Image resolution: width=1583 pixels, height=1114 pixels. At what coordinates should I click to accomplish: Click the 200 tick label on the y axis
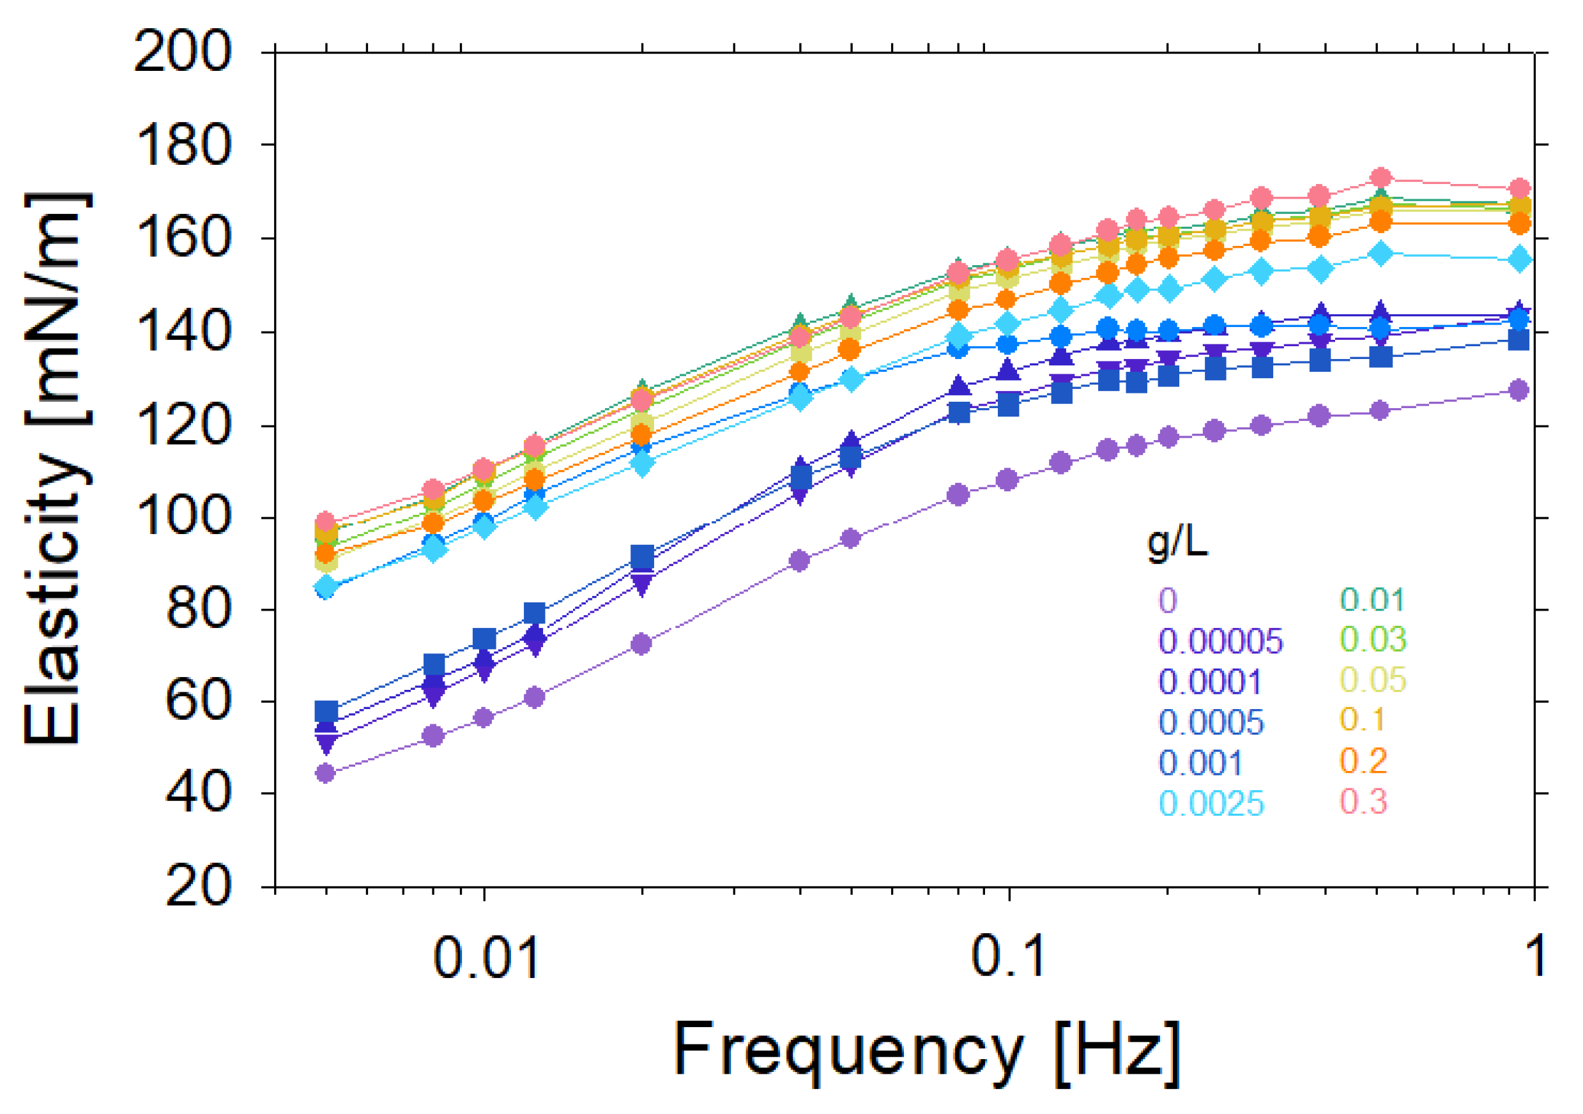click(x=182, y=52)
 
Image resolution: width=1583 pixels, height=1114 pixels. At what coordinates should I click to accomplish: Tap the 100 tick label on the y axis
click(x=182, y=517)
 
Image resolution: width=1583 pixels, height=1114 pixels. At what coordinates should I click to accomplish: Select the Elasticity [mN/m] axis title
click(x=56, y=469)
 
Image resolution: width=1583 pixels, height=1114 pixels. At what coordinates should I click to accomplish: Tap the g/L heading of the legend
click(x=1177, y=543)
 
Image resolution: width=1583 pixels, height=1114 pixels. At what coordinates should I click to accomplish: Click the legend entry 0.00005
click(x=1220, y=642)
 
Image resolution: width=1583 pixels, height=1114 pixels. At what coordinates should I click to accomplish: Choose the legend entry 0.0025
click(x=1211, y=804)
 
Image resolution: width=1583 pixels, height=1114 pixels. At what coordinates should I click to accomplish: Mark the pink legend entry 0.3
click(x=1363, y=801)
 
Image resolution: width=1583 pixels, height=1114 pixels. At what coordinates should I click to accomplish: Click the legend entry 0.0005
click(x=1211, y=722)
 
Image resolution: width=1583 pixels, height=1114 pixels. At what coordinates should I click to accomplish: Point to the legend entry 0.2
click(x=1363, y=760)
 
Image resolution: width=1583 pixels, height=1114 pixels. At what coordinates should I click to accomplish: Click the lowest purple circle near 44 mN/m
click(x=325, y=773)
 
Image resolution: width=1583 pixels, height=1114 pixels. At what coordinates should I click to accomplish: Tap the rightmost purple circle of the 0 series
click(x=1518, y=390)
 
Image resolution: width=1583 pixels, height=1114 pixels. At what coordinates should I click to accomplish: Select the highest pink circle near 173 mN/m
click(x=1380, y=178)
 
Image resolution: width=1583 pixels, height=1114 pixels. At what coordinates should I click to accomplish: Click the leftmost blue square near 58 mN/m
click(x=326, y=712)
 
